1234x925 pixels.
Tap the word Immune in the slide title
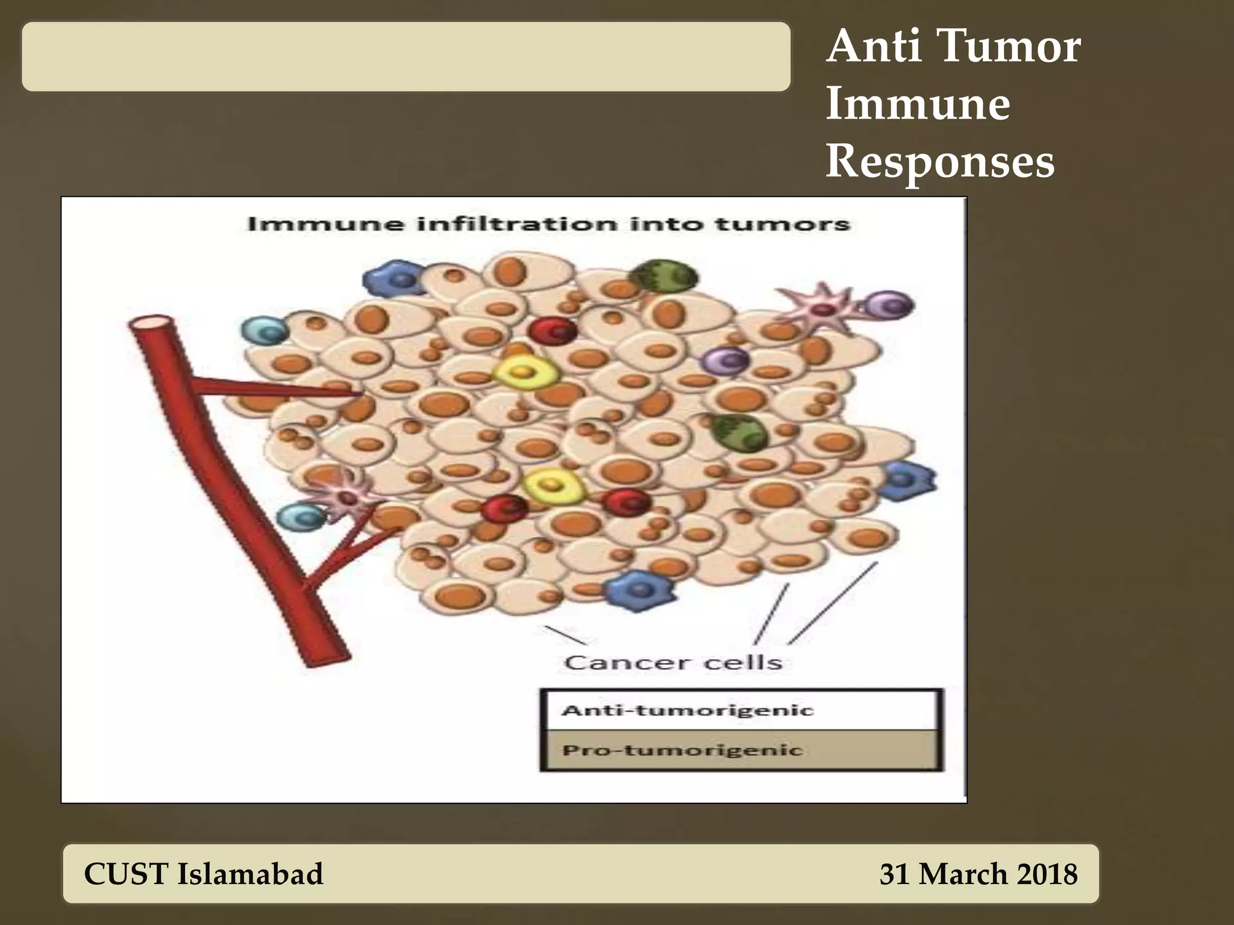918,104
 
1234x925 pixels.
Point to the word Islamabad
249,874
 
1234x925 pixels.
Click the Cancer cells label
673,662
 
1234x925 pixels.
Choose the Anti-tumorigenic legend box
741,710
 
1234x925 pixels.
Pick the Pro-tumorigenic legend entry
741,750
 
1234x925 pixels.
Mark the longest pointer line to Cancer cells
833,602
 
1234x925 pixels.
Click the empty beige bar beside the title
406,57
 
